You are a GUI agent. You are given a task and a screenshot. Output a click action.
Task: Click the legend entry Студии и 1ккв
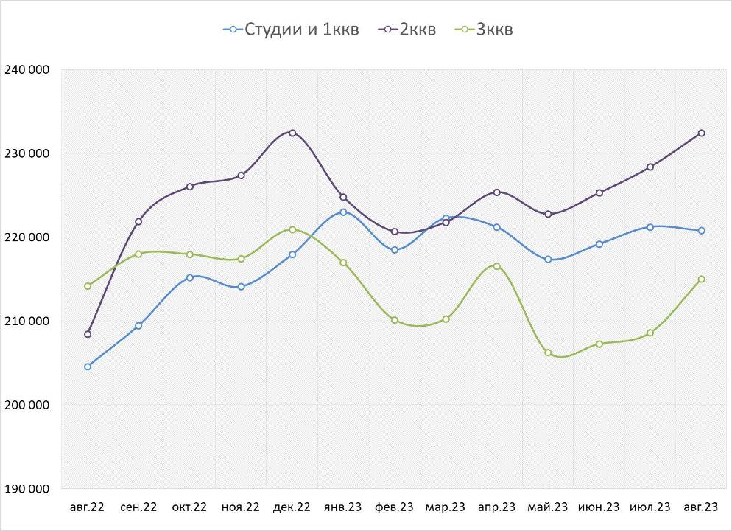pyautogui.click(x=291, y=29)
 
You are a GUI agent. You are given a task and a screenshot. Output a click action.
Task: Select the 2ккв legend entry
pyautogui.click(x=407, y=29)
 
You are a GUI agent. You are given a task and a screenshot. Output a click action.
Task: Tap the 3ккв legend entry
pyautogui.click(x=485, y=29)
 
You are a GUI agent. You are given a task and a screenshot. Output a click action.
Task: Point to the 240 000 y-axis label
pyautogui.click(x=27, y=70)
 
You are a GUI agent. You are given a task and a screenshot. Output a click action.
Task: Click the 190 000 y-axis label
pyautogui.click(x=27, y=489)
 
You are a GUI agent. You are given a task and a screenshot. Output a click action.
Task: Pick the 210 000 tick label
pyautogui.click(x=27, y=322)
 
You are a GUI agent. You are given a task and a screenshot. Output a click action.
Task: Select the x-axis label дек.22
pyautogui.click(x=292, y=507)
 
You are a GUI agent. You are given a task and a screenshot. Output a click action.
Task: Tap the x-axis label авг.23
pyautogui.click(x=701, y=507)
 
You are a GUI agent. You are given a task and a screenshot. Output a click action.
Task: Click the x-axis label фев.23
pyautogui.click(x=395, y=507)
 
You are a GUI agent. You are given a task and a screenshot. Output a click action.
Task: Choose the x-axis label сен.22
pyautogui.click(x=138, y=507)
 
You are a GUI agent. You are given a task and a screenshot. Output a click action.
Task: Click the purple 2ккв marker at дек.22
pyautogui.click(x=292, y=133)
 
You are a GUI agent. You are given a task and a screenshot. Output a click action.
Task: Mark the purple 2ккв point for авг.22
pyautogui.click(x=88, y=334)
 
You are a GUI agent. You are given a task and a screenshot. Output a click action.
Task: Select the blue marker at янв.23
pyautogui.click(x=343, y=212)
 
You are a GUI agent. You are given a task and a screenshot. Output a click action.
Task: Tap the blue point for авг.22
pyautogui.click(x=88, y=367)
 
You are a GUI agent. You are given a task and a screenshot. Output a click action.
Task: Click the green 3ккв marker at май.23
pyautogui.click(x=548, y=353)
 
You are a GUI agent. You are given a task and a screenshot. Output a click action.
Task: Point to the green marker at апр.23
pyautogui.click(x=497, y=266)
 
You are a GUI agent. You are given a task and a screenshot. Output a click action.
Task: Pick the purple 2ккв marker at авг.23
pyautogui.click(x=701, y=133)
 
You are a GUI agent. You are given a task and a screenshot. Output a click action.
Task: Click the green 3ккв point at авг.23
pyautogui.click(x=701, y=279)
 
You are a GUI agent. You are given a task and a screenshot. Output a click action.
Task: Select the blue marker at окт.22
pyautogui.click(x=190, y=277)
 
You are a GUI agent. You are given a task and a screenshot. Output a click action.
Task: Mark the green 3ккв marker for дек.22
pyautogui.click(x=292, y=229)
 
